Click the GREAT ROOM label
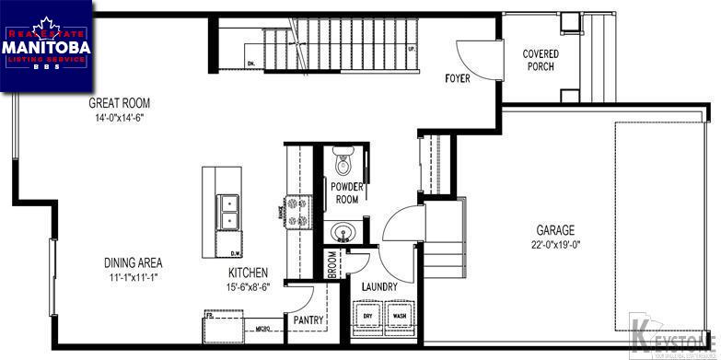119,103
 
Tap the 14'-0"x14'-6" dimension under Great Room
119,118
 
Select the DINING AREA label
133,262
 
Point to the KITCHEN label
249,273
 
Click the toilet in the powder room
344,162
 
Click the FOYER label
457,78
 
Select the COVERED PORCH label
541,61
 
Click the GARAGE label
556,230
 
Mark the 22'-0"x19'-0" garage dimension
556,245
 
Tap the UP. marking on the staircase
410,48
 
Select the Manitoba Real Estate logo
46,46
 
